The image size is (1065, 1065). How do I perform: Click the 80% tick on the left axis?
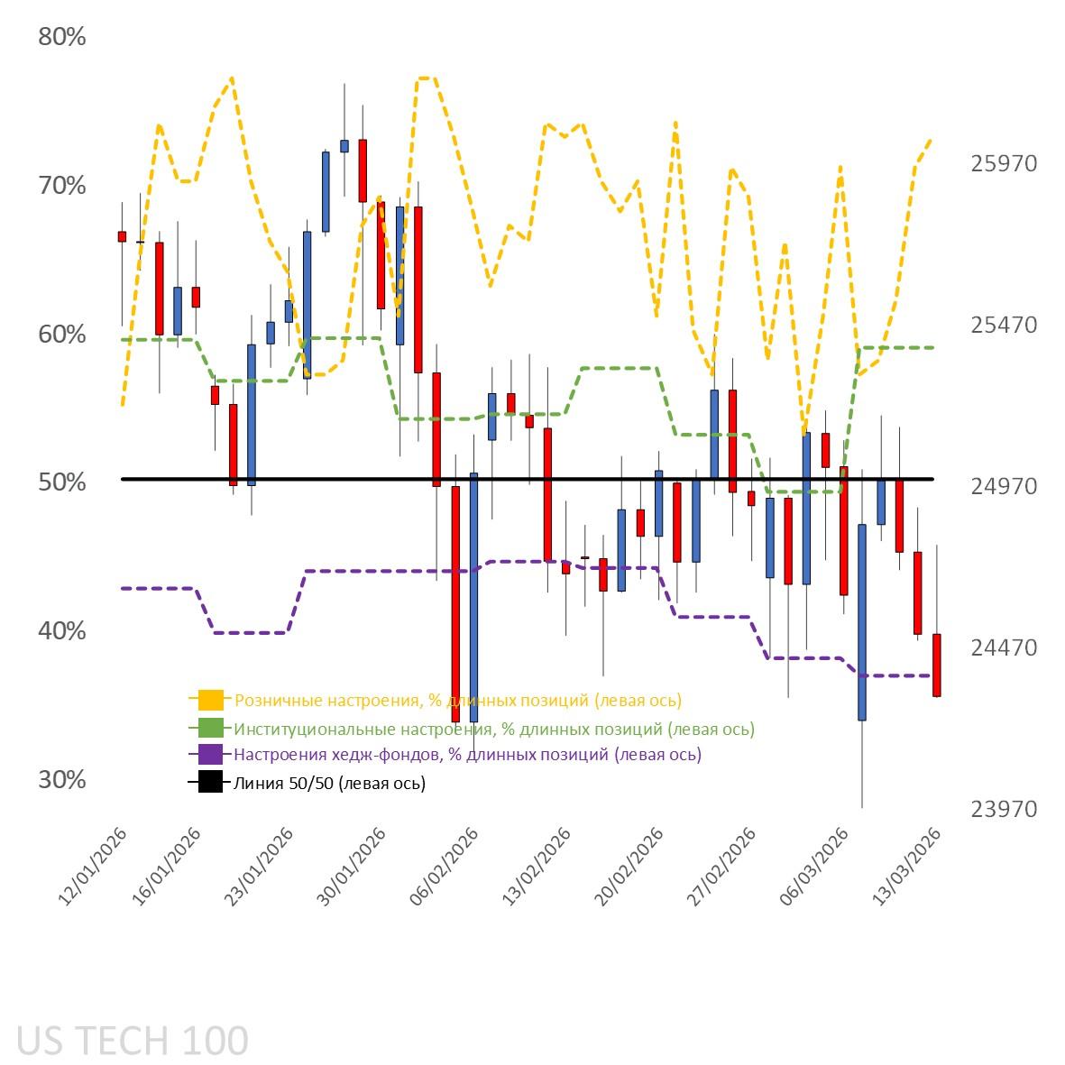point(62,38)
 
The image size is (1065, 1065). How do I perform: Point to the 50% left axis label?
point(62,482)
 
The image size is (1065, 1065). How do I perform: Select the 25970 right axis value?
point(1004,164)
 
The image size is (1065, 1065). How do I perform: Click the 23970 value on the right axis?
point(1004,810)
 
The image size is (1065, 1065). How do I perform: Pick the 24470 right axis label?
point(1004,648)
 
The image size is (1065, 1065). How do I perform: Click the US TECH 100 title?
point(133,1041)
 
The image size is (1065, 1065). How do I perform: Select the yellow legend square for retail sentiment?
point(210,700)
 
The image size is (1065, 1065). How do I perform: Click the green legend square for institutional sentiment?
point(210,728)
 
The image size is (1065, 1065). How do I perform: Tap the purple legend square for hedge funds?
point(210,755)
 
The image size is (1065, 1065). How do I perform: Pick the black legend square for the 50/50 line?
point(210,783)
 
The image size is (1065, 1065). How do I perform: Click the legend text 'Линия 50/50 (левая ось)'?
point(329,784)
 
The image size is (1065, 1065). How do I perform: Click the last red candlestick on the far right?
point(936,666)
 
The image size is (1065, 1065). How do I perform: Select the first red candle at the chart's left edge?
point(122,236)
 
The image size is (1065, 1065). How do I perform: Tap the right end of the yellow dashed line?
point(930,140)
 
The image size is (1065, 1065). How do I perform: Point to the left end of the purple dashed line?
point(123,588)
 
